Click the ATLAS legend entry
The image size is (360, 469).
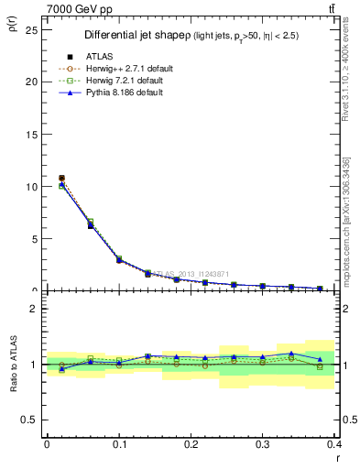coord(102,57)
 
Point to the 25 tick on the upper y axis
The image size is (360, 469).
coord(32,29)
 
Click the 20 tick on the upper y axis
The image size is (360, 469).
coord(32,82)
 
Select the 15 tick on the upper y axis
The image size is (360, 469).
coord(32,134)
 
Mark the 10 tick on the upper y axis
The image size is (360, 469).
coord(32,186)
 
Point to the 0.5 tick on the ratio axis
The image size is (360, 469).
coord(30,420)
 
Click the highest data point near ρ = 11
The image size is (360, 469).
coord(61,178)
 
